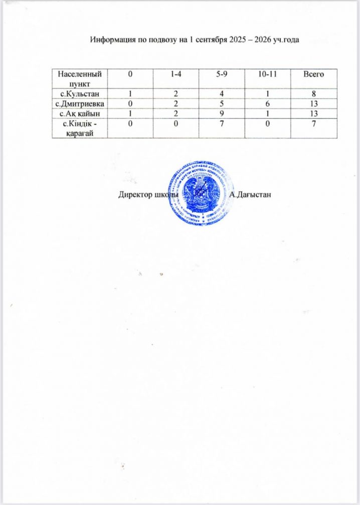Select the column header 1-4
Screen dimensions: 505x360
tap(175, 74)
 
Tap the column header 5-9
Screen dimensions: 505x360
tap(221, 74)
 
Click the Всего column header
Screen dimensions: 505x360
tap(313, 74)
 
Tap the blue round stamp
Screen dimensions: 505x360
tap(201, 193)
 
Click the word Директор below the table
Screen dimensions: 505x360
tap(134, 194)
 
